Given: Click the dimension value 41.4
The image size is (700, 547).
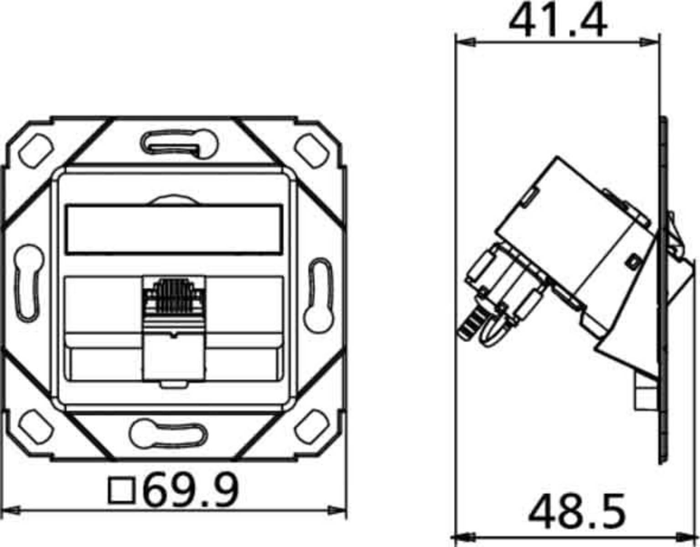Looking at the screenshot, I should point(557,21).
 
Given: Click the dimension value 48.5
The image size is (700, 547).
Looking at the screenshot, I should point(576,511).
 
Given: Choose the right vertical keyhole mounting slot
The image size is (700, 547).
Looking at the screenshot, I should point(319,294).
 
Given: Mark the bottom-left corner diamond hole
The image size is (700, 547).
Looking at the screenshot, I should point(36,427).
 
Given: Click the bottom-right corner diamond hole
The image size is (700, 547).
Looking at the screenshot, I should point(312,427).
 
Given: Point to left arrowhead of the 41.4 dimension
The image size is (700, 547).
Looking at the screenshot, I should point(465,42).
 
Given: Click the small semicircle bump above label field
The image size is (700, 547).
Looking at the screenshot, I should point(173,201).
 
